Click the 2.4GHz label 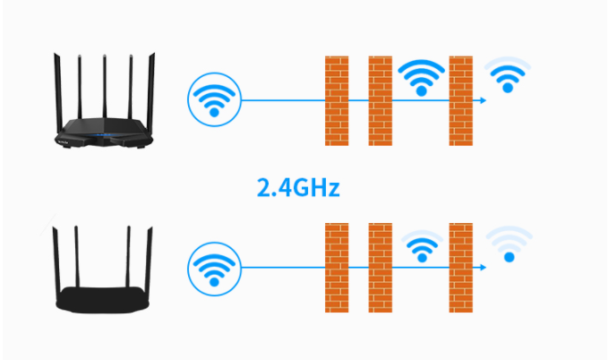pos(298,188)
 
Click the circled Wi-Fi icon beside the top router pos(214,99)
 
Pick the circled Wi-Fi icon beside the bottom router pos(214,269)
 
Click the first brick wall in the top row pos(337,101)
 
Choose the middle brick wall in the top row pos(380,101)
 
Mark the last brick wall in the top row pos(460,101)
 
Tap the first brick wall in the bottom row pos(337,268)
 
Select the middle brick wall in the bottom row pos(380,268)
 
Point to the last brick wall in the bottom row pos(460,268)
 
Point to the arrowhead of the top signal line pos(484,100)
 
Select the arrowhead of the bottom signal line pos(484,267)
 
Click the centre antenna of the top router pos(105,87)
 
